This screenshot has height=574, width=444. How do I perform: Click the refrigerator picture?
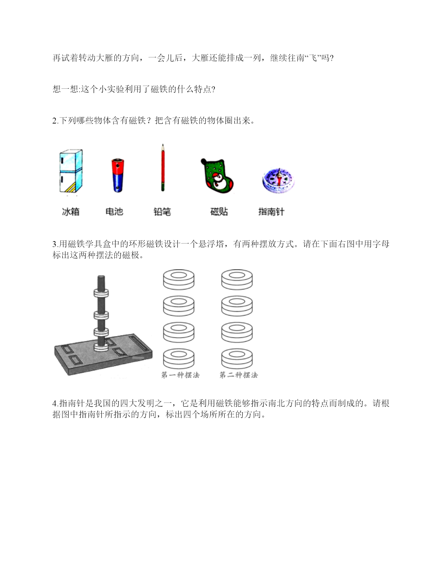coord(71,171)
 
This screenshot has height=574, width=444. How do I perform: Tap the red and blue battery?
coord(118,175)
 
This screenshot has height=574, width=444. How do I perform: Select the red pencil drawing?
coord(163,167)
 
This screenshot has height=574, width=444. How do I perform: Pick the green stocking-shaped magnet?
coord(217,176)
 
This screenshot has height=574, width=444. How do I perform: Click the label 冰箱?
coord(71,212)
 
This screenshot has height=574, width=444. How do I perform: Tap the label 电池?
coord(114,212)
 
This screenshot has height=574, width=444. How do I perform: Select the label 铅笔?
coord(162,212)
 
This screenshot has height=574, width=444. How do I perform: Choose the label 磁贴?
coord(219,212)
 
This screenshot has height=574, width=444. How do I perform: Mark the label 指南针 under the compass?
coord(271,212)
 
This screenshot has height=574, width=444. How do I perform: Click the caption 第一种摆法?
coord(180,375)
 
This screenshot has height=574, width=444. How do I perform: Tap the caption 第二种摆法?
coord(239,375)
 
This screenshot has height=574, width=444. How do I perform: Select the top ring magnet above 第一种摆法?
coord(179,280)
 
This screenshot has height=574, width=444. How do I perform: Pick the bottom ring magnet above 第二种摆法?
coord(237,359)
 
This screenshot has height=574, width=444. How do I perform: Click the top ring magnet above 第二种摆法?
coord(237,280)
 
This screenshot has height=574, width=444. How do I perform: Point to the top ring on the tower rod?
coord(101,293)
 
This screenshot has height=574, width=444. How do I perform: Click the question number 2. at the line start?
coord(55,121)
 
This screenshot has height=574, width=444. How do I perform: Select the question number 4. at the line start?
coord(55,403)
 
